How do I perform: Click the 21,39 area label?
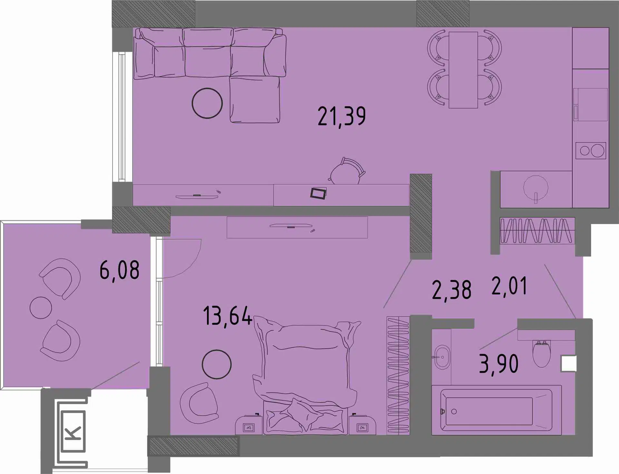point(342,116)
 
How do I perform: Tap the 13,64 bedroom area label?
point(228,316)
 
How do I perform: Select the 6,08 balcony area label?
point(119,270)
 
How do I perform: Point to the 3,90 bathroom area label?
point(499,363)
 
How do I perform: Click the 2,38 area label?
point(452,290)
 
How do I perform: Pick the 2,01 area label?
point(509,286)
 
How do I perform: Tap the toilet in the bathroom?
point(541,353)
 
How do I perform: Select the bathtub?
point(496,410)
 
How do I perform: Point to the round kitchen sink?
point(535,189)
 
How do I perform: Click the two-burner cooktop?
point(591,150)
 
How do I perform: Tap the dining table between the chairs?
point(463,70)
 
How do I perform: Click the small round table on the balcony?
point(41,308)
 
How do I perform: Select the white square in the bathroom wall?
point(569,363)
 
